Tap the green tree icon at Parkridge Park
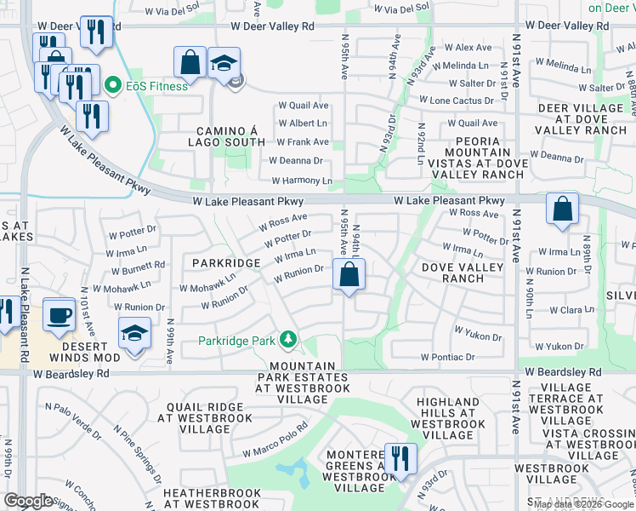point(289,341)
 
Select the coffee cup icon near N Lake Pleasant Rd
point(59,314)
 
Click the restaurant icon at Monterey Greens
point(397,459)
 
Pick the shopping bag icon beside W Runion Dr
point(349,274)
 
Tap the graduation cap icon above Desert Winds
point(134,333)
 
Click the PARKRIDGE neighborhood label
point(225,263)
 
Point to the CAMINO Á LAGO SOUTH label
point(230,136)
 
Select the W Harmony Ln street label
point(302,181)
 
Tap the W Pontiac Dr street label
point(446,357)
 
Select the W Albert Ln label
point(304,123)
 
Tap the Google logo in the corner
point(29,501)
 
